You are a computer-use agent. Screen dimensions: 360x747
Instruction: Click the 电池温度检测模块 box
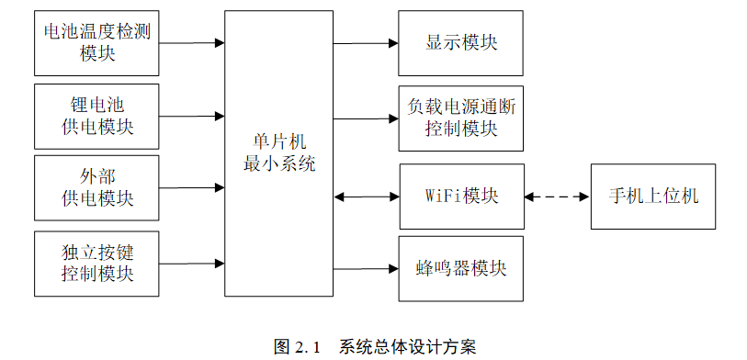click(x=97, y=43)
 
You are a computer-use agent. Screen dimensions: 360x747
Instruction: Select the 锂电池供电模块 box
click(x=97, y=116)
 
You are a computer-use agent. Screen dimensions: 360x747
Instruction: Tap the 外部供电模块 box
click(x=97, y=187)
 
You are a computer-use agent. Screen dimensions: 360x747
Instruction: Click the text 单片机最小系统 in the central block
click(x=278, y=153)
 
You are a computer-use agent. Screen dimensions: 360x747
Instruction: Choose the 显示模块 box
click(x=461, y=43)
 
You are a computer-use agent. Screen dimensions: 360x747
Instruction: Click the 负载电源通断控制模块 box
click(x=461, y=118)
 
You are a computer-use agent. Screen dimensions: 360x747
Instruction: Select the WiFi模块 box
click(x=461, y=196)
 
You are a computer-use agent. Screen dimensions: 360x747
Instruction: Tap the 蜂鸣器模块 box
click(x=461, y=269)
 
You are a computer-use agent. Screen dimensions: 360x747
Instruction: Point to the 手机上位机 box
click(x=653, y=196)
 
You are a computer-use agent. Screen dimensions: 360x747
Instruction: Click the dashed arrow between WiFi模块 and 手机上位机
click(x=557, y=196)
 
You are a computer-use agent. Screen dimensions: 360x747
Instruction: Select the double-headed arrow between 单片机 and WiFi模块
click(x=366, y=196)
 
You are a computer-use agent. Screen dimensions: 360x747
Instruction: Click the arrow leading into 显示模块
click(x=366, y=43)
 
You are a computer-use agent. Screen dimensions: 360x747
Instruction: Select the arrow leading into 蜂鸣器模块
click(x=366, y=269)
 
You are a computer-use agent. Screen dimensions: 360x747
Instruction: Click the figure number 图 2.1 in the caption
click(x=296, y=346)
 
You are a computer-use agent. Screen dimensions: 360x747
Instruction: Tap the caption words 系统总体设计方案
click(x=407, y=346)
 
